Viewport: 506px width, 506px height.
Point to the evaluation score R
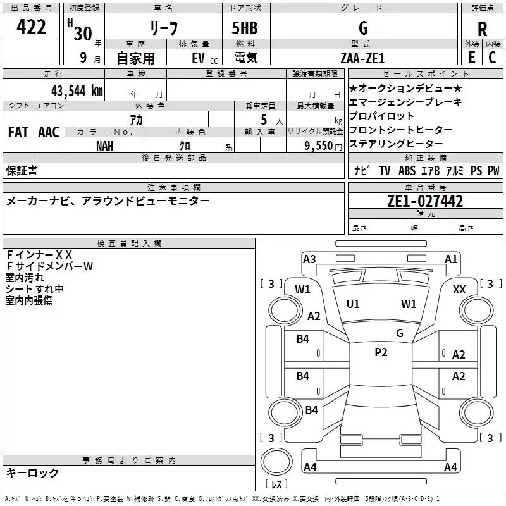click(x=482, y=30)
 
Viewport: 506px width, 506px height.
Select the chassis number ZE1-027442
click(x=425, y=201)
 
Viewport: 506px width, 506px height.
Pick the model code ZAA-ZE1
click(x=362, y=58)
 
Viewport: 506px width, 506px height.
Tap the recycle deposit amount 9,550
click(x=319, y=145)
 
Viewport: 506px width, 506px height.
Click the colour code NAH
click(x=105, y=145)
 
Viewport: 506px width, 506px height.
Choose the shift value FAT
click(x=18, y=132)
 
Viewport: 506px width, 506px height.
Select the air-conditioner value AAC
click(x=48, y=132)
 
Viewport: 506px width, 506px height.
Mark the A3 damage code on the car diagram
click(x=309, y=259)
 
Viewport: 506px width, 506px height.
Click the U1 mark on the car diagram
click(x=353, y=304)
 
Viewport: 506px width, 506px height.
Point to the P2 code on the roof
click(x=381, y=352)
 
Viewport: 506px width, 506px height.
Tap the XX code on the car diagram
click(x=460, y=289)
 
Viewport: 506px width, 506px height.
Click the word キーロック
click(x=33, y=472)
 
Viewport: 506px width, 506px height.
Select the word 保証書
click(x=22, y=170)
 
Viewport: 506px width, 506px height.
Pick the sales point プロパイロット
click(x=382, y=116)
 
